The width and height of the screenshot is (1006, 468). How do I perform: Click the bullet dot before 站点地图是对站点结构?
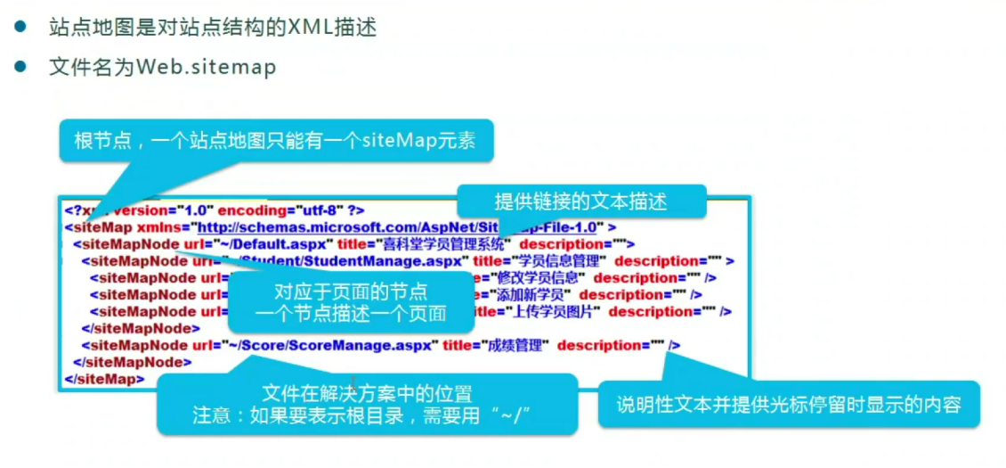pos(20,27)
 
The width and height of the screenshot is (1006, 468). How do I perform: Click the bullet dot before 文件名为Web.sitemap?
pos(20,68)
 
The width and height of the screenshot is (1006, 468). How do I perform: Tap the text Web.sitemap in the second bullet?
pos(207,68)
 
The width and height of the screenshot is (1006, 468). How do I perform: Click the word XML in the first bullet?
pos(309,27)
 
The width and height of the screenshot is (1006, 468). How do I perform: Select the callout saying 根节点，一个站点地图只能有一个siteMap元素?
pos(276,141)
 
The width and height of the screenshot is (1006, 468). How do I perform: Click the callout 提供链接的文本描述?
pos(580,201)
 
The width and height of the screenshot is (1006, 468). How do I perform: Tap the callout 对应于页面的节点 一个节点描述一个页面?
pos(350,301)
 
